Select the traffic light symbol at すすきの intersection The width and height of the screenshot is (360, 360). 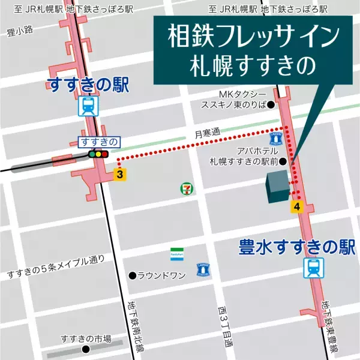coord(98,154)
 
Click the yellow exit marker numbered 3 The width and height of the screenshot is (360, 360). coord(121,175)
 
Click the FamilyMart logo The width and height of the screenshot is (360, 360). coord(176,253)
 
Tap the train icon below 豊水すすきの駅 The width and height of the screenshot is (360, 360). coord(313,268)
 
